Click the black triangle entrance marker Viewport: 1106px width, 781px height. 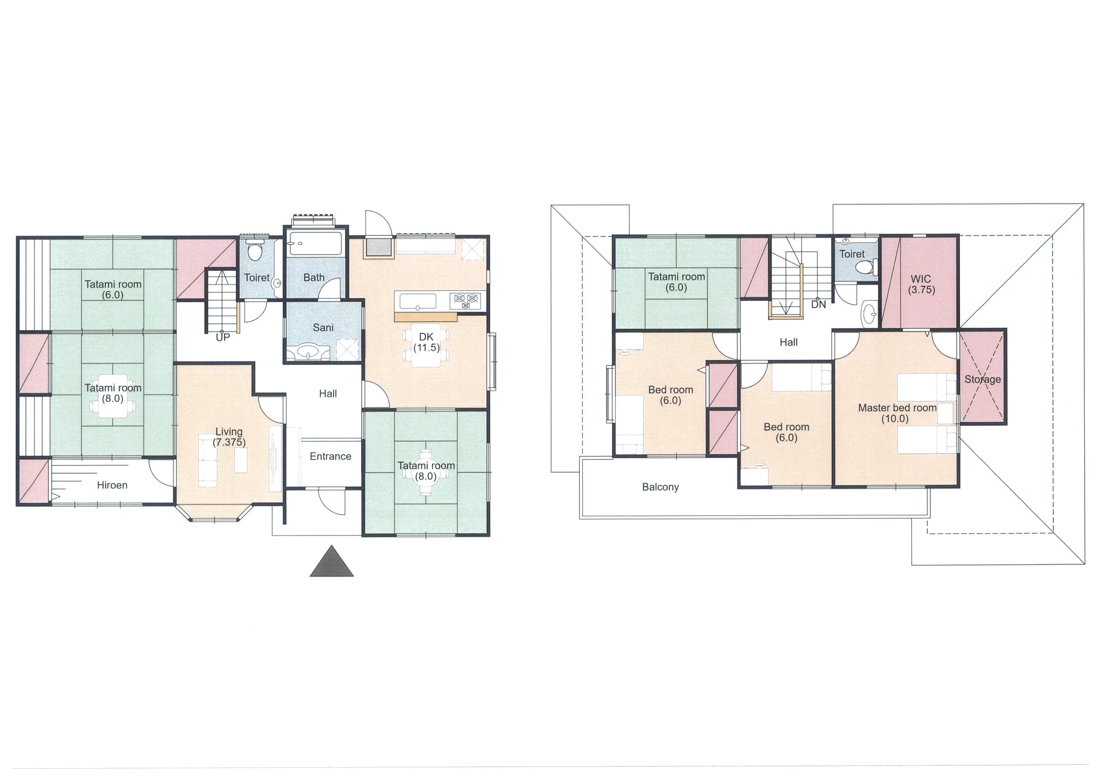click(331, 561)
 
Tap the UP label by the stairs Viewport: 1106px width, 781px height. click(223, 338)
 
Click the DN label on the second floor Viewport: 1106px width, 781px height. click(819, 305)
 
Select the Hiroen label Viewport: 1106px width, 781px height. click(112, 485)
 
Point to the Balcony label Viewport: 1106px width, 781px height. click(660, 487)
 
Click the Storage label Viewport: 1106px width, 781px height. click(983, 379)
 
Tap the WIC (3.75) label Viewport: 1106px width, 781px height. click(921, 284)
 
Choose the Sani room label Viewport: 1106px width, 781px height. click(323, 328)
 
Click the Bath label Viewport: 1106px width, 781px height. click(313, 278)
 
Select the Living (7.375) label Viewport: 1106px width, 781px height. click(229, 437)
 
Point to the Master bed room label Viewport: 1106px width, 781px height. click(898, 408)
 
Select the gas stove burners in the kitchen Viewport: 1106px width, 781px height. click(466, 301)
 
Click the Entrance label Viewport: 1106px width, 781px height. click(330, 456)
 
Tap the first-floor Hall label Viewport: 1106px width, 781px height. click(328, 394)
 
